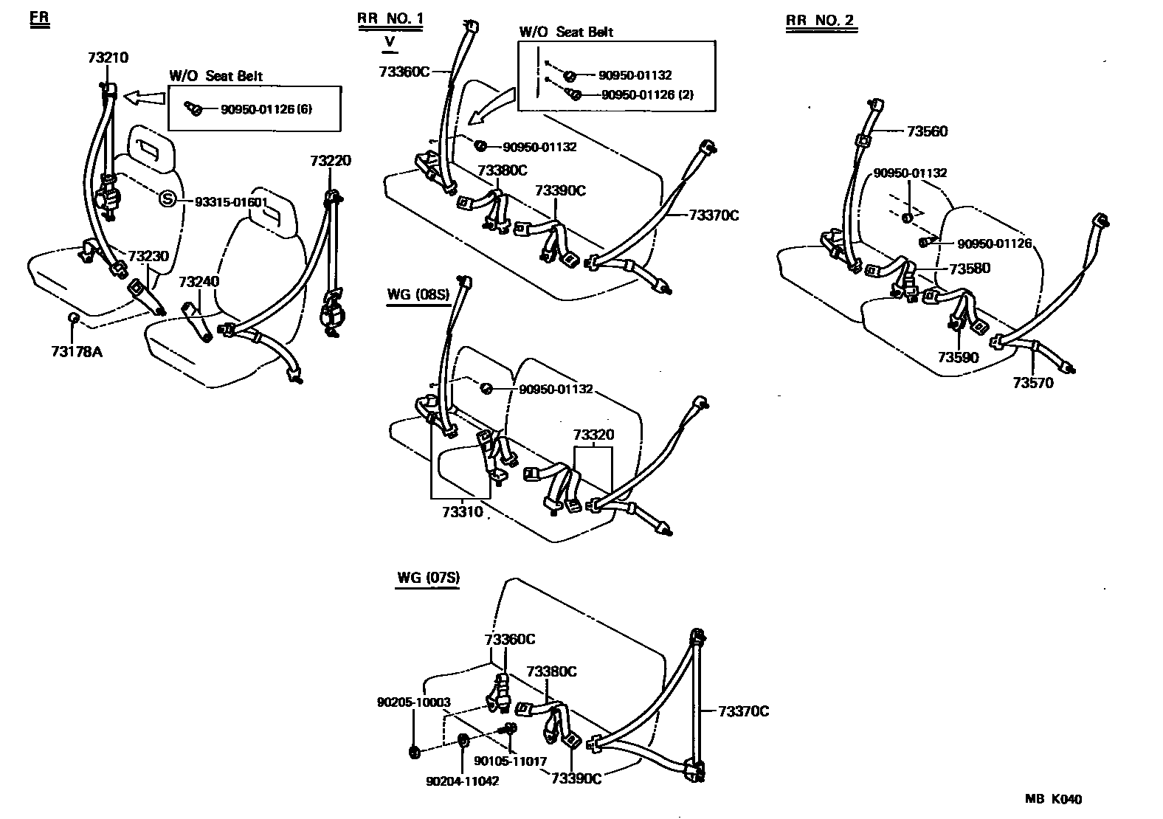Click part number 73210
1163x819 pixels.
click(108, 58)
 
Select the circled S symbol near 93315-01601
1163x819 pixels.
click(168, 200)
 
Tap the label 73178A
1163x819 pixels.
click(76, 351)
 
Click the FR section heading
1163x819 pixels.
click(39, 20)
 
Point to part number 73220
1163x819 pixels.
click(330, 161)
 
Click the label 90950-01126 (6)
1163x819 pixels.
click(266, 109)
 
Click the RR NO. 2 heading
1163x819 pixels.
click(820, 20)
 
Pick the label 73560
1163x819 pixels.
click(927, 131)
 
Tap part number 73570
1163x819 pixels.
click(1032, 383)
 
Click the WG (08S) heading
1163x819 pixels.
click(418, 295)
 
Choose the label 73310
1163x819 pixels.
click(462, 511)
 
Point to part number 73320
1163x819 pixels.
click(593, 435)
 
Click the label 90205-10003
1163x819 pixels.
click(413, 702)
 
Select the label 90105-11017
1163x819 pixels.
click(510, 761)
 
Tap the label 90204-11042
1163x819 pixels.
click(462, 781)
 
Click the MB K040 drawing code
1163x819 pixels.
click(1053, 799)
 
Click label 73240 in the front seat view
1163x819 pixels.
click(199, 281)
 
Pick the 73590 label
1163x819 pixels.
click(958, 358)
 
